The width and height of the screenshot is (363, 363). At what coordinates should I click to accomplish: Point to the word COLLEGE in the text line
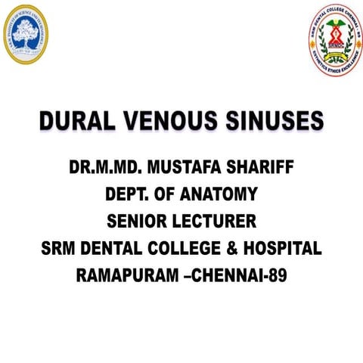[x=188, y=249]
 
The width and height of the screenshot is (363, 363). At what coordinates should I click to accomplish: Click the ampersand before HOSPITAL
[x=233, y=249]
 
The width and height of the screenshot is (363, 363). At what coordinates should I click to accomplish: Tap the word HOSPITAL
[x=281, y=249]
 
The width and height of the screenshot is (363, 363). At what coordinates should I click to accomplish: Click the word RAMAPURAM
[x=126, y=276]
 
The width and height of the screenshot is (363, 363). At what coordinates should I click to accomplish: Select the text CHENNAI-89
[x=242, y=276]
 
